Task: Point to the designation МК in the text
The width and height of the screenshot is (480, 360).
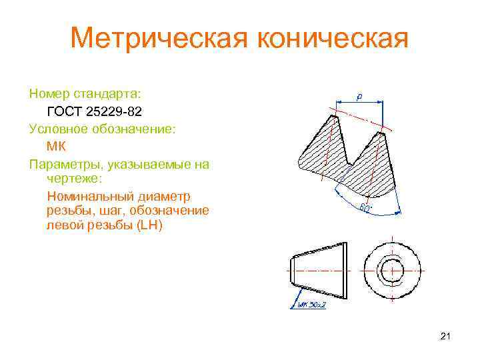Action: (57, 146)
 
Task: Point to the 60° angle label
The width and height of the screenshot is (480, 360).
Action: (366, 208)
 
